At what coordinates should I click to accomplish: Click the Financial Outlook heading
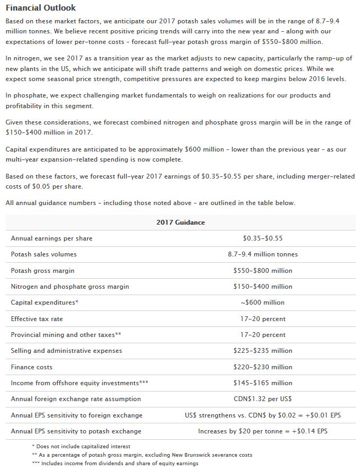coord(40,8)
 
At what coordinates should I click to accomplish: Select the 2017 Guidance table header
coord(181,223)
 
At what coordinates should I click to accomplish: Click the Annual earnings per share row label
coord(51,238)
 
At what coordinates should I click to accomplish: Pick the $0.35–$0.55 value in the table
coord(263,238)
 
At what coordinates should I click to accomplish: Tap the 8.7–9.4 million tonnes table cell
coord(263,254)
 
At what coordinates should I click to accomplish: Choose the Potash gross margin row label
coord(42,271)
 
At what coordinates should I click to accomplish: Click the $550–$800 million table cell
coord(263,271)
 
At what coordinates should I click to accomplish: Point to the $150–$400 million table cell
coord(263,287)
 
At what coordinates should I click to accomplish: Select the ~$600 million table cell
coord(263,303)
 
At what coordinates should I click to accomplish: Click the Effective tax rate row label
coord(37,319)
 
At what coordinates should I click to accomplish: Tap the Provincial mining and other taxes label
coord(66,335)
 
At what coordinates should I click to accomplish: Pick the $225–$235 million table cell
coord(263,351)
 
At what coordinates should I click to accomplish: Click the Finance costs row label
coord(32,367)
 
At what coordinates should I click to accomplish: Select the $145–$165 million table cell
coord(263,383)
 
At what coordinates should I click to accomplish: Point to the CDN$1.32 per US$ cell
coord(263,399)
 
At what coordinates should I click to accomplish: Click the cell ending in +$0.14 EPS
coord(263,431)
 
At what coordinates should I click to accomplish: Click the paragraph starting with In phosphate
coord(168,100)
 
